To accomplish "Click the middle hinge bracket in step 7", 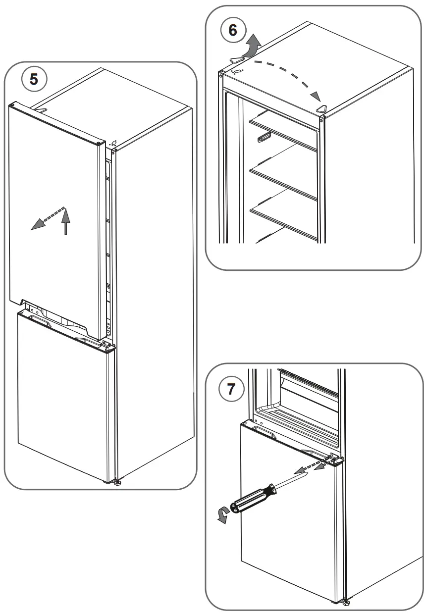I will pyautogui.click(x=336, y=460).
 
